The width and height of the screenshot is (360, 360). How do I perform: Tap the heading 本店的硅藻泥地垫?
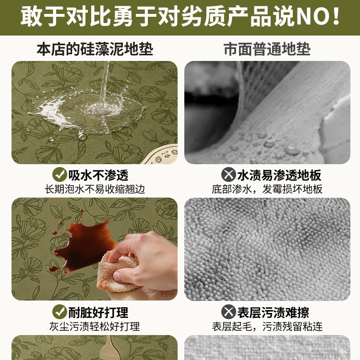click(x=95, y=49)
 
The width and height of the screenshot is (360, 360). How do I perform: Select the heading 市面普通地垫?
click(x=267, y=49)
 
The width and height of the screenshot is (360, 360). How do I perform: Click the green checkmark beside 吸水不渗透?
click(x=60, y=175)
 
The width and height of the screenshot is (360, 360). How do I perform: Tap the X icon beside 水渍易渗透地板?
click(x=228, y=175)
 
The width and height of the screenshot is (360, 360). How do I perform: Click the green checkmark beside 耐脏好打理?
click(x=60, y=312)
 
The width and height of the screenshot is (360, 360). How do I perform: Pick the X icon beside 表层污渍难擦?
click(x=228, y=312)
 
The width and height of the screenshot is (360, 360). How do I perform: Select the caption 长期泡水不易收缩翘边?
click(x=95, y=189)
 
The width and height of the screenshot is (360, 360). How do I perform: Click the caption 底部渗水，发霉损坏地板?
click(x=267, y=189)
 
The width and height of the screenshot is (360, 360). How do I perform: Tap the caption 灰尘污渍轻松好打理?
click(x=95, y=326)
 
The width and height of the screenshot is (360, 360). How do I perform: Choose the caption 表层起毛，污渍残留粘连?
click(x=267, y=326)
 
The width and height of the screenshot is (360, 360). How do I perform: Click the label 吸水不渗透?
click(x=98, y=175)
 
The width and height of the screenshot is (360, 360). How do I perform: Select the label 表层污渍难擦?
click(x=273, y=312)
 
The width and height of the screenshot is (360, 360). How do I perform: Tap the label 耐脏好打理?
click(x=98, y=312)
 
